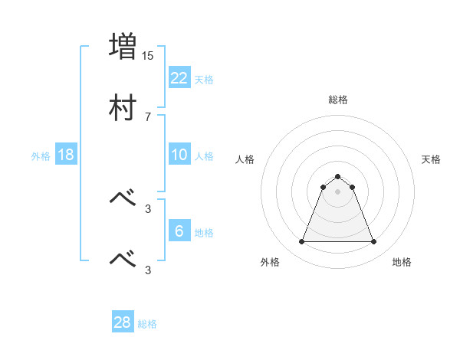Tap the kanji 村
coord(123,108)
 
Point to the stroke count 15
coord(148,55)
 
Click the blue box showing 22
coord(179,77)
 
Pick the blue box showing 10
coord(179,155)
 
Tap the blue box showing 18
coord(65,155)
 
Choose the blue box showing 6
coord(179,231)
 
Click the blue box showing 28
coord(122,322)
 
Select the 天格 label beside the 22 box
coord(204,79)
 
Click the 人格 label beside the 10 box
coord(204,156)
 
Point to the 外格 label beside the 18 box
coord(41,156)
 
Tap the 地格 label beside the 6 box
coord(204,233)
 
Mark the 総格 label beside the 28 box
coord(147,324)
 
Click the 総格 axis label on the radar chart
coord(338,100)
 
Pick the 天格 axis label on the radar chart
coord(432,159)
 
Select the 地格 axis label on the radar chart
coord(402,263)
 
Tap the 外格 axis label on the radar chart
coord(270,263)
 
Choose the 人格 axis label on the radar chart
coord(245,159)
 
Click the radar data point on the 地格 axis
coord(374,242)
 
